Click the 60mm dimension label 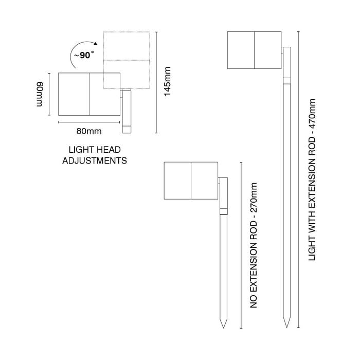pos(40,94)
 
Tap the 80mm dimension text pos(89,131)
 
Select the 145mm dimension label pos(167,81)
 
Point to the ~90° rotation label pos(84,55)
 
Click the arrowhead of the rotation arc pos(96,43)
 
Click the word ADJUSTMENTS pos(95,160)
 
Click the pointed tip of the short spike pos(223,328)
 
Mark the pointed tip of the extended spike pos(287,327)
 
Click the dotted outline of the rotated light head pos(127,32)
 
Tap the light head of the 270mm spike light pos(191,181)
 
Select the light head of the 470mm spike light pos(255,50)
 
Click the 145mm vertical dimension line pos(156,82)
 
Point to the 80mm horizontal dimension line pos(89,122)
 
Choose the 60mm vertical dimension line pos(49,94)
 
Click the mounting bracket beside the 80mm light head pos(127,112)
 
